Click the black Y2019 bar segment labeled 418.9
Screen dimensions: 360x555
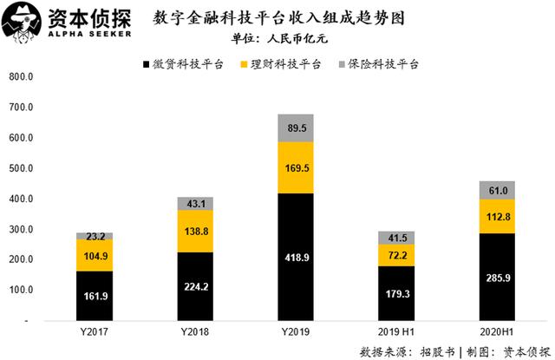[x=295, y=256]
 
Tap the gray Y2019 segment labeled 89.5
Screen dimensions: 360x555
[x=295, y=128]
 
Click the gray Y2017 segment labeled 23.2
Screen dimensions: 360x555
[x=94, y=235]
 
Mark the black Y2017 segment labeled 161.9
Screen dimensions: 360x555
[x=94, y=295]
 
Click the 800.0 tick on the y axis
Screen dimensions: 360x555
[x=19, y=76]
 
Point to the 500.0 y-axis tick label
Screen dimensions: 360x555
[x=19, y=168]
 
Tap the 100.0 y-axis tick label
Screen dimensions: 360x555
[x=19, y=290]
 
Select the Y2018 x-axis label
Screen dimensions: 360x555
[x=195, y=333]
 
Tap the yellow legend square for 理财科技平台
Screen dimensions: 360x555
[x=243, y=64]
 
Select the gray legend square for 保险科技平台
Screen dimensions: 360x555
[x=342, y=64]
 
